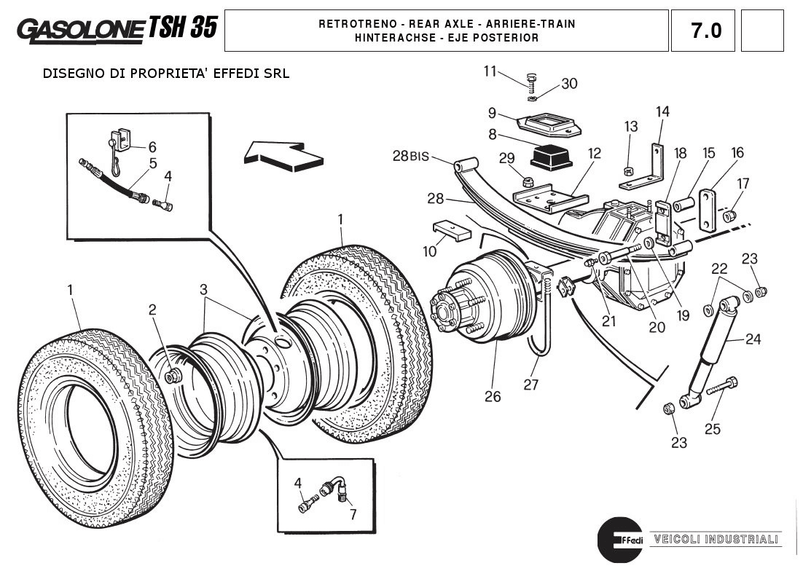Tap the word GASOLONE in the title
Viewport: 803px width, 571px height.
pos(80,29)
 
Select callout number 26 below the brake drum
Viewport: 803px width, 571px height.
pos(493,396)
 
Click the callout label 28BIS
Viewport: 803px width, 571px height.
pos(410,157)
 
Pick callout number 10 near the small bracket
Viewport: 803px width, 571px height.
pos(430,251)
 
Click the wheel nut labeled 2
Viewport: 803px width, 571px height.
pos(173,376)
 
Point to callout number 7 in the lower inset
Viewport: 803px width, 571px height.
pos(353,514)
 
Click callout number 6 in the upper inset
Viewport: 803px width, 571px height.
pos(152,147)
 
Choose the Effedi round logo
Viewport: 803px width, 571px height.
pos(619,540)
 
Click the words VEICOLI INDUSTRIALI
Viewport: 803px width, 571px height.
pos(716,540)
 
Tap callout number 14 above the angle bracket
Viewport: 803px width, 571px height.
pos(662,111)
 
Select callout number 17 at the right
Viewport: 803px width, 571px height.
pos(743,183)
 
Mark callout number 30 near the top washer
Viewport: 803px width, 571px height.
pos(569,84)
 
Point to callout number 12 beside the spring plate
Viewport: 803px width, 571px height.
pos(595,154)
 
